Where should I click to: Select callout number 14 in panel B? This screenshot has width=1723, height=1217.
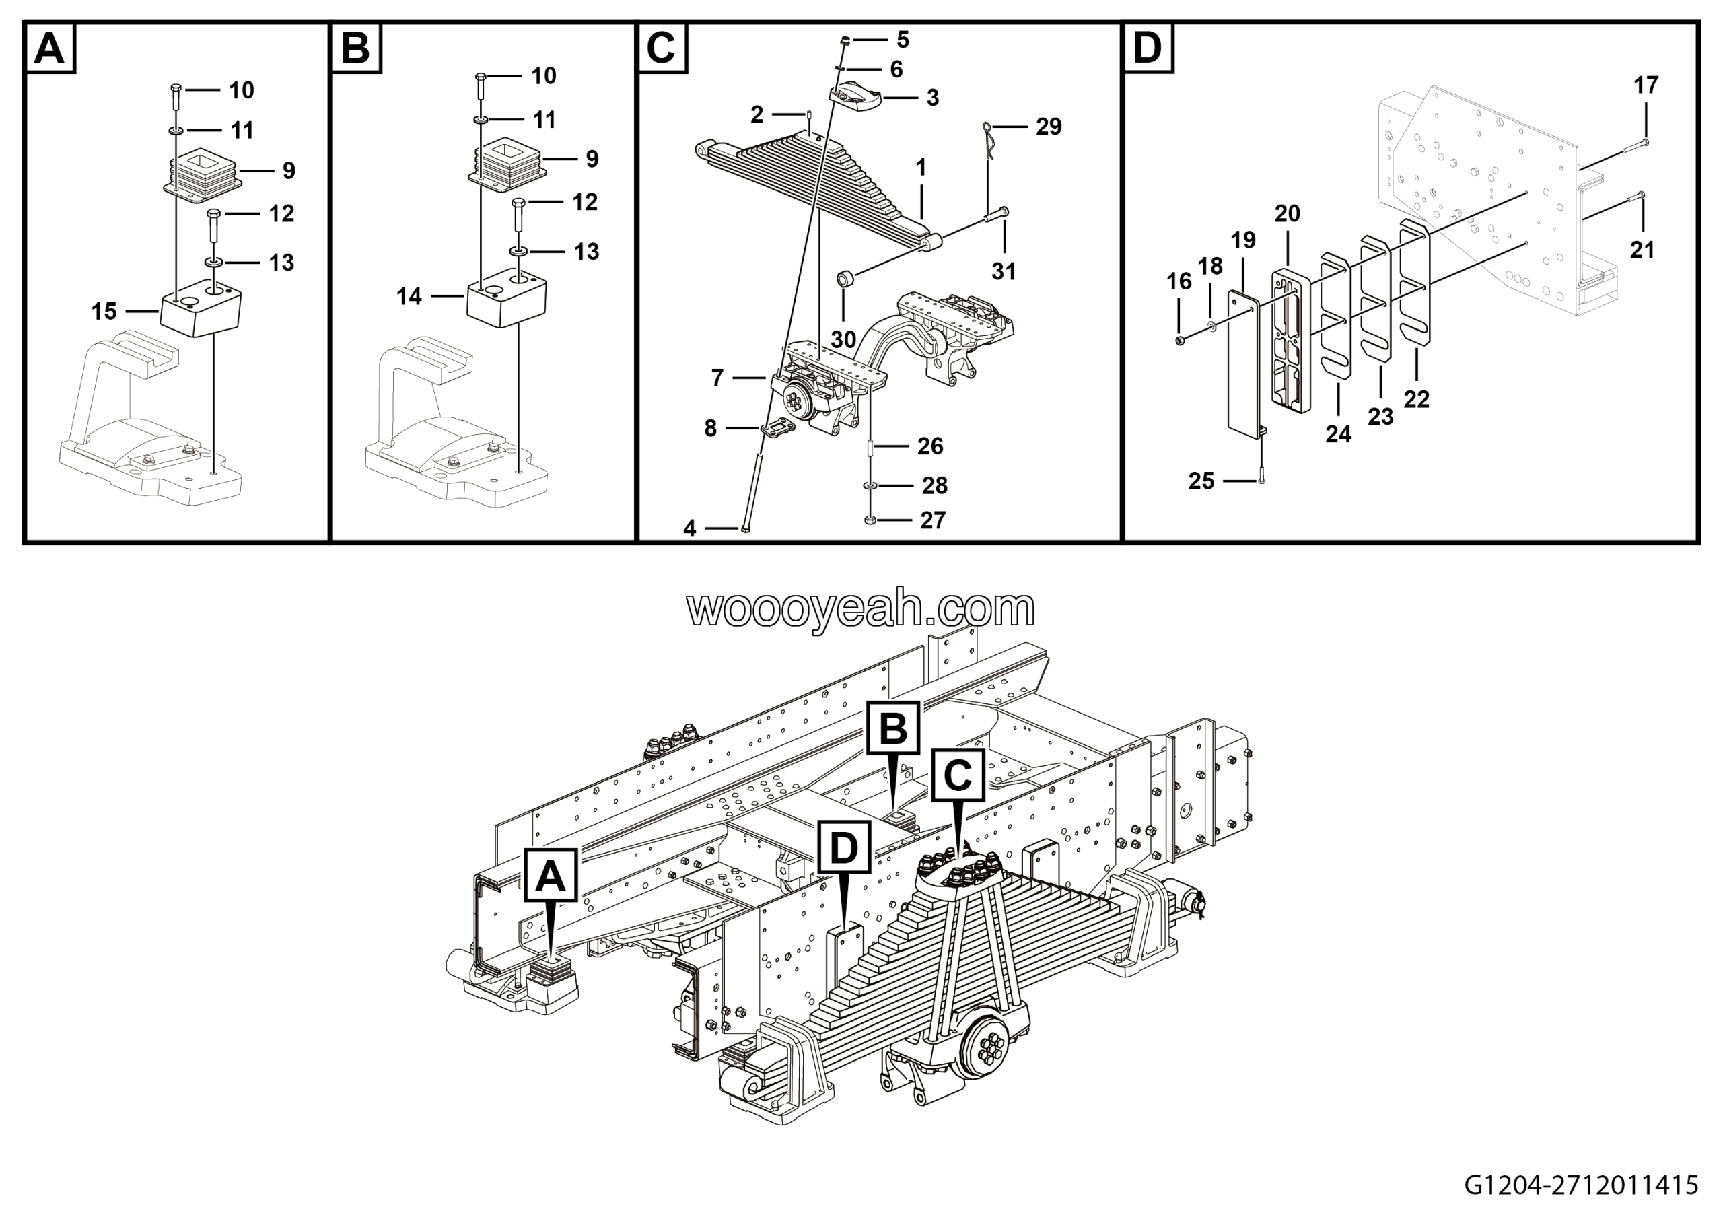click(x=409, y=296)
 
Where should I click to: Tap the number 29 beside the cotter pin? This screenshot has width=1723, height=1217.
click(x=1049, y=127)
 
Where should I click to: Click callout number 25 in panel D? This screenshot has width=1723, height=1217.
click(x=1201, y=481)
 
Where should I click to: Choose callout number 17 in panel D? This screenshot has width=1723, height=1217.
click(x=1646, y=85)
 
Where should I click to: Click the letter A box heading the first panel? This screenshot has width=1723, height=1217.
click(x=50, y=48)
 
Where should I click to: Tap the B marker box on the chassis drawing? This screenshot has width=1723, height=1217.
click(x=892, y=728)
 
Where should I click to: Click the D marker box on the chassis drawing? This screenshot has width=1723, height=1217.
click(x=844, y=848)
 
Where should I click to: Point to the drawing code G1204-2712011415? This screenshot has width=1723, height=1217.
click(x=1581, y=1185)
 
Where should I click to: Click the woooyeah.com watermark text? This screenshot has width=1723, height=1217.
click(x=861, y=609)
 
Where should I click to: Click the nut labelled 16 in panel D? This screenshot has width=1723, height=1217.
click(x=1180, y=341)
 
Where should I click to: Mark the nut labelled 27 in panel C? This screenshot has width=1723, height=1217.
click(x=870, y=520)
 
